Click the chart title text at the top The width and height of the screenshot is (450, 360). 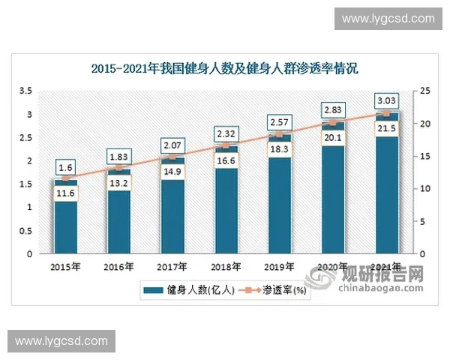coord(225,68)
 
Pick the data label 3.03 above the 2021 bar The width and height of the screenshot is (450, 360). coord(387,100)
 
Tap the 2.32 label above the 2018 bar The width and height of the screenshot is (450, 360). coord(226,133)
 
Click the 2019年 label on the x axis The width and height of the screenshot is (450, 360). coord(280,266)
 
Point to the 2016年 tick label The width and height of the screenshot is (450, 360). coord(118,266)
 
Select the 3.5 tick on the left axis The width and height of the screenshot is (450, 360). coord(25,91)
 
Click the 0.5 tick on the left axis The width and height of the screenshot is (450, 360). coord(25,230)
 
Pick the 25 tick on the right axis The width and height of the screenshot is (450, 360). coord(426,91)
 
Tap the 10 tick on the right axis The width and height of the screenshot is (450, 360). coord(426,188)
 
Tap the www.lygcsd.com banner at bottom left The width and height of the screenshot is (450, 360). coord(61,341)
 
